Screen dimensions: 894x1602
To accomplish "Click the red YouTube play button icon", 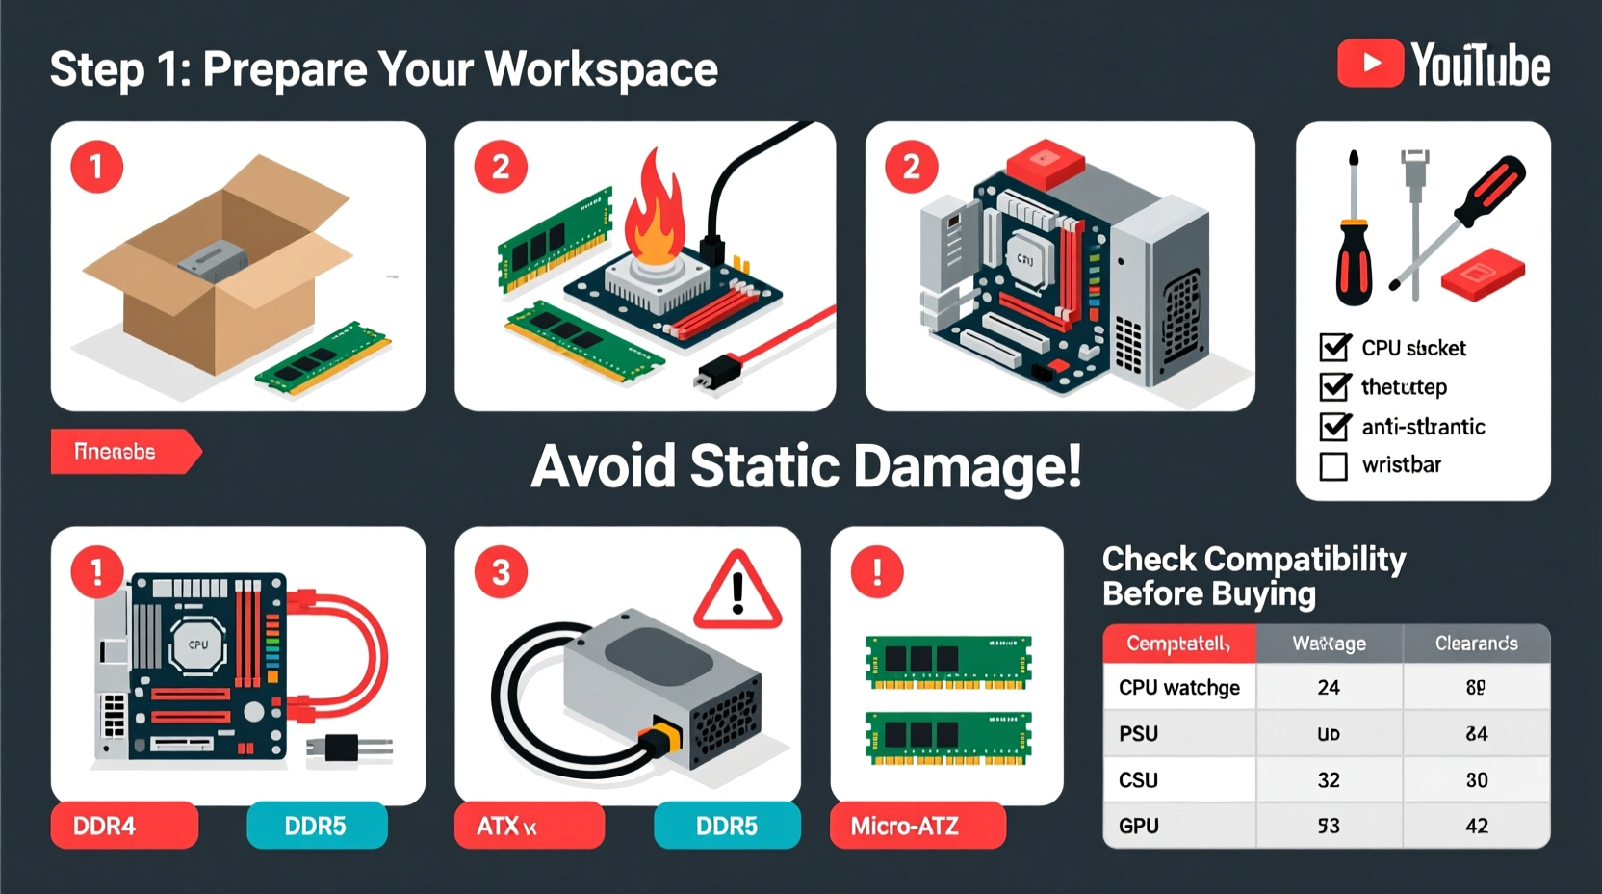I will (1370, 64).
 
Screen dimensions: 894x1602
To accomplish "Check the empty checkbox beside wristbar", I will (1333, 466).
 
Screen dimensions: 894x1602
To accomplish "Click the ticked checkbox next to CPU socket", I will (1334, 347).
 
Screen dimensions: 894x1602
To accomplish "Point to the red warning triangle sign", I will (737, 592).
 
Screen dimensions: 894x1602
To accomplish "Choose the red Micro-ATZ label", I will (917, 826).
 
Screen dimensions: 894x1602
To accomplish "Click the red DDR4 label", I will (124, 826).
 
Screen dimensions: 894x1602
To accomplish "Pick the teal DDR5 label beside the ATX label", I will (726, 826).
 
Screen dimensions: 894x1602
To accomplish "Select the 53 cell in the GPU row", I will (1329, 826).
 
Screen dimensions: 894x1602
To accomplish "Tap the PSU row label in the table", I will (1139, 734).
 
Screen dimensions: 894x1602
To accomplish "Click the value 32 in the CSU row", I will (1329, 780).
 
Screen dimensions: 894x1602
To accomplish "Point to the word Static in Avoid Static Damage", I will (765, 467).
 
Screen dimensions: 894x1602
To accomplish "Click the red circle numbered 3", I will (501, 572).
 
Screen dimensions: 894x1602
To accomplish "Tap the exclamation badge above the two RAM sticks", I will (876, 572).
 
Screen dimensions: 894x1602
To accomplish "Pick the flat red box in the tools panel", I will (1483, 275).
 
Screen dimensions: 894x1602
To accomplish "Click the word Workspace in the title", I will (601, 69).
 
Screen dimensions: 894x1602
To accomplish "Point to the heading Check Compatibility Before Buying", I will (1253, 576).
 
